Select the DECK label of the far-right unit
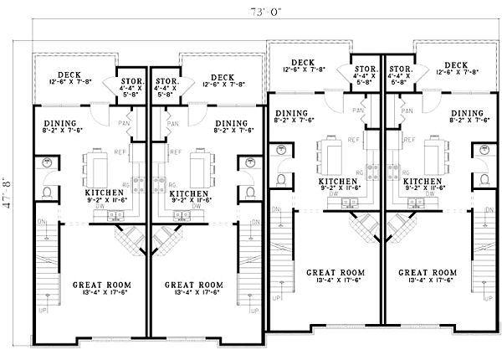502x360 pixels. pyautogui.click(x=456, y=64)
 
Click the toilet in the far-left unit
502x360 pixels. pyautogui.click(x=48, y=195)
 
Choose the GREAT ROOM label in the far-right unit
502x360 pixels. pyautogui.click(x=428, y=273)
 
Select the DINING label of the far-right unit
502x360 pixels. pyautogui.click(x=467, y=112)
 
